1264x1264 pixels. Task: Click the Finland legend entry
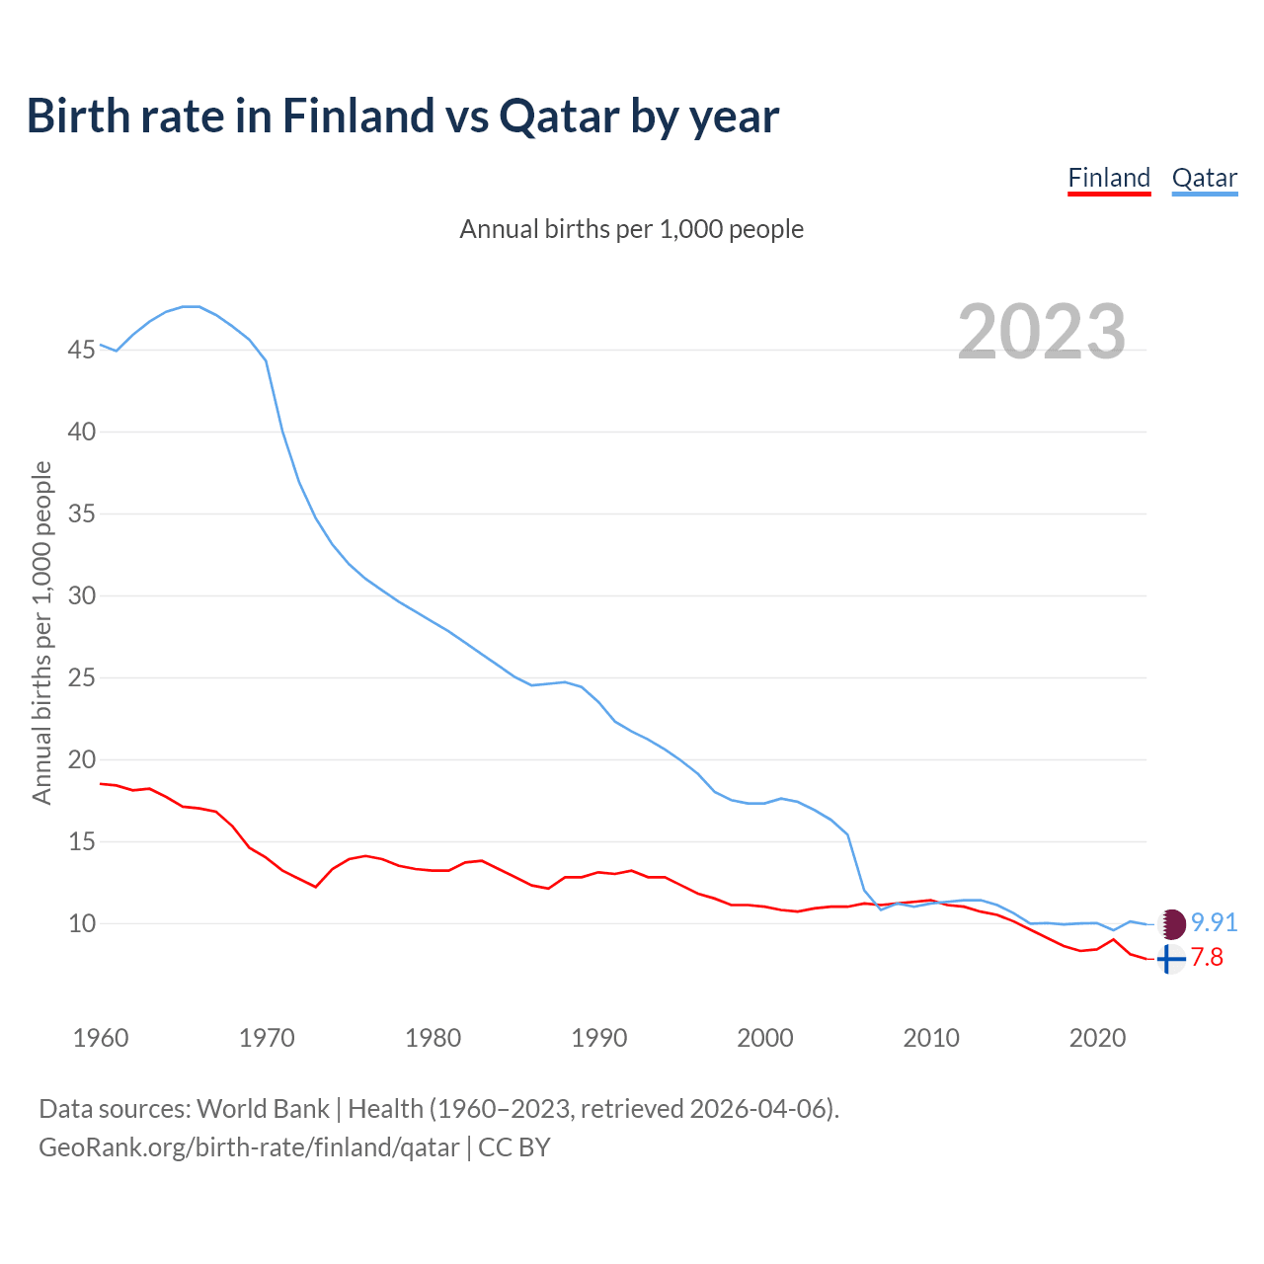click(1109, 178)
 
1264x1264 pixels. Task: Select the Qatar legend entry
click(1204, 178)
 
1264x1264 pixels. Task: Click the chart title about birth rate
click(403, 116)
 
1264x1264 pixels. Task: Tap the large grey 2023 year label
click(1042, 332)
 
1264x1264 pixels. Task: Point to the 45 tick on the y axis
click(82, 351)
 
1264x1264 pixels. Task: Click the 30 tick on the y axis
click(82, 595)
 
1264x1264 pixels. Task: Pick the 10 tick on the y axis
click(82, 924)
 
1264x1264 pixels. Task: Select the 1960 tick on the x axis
click(101, 1038)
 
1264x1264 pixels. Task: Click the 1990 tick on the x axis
click(599, 1038)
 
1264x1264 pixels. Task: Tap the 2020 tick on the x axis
click(1097, 1038)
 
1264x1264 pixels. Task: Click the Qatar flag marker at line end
click(1171, 924)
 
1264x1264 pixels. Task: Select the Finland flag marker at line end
click(1170, 959)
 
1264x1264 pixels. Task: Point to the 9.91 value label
click(1214, 922)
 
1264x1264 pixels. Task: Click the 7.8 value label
click(1207, 958)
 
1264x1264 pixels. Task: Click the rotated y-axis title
click(41, 633)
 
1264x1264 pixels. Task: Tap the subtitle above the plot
click(632, 229)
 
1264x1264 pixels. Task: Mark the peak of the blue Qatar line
click(192, 306)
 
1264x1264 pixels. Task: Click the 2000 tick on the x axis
click(765, 1038)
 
